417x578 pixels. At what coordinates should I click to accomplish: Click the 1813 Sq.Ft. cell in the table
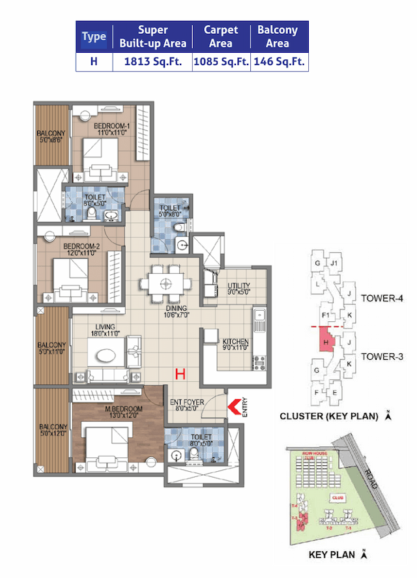152,63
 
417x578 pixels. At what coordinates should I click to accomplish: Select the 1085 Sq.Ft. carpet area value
222,63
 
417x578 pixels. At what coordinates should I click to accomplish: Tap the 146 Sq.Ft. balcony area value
279,63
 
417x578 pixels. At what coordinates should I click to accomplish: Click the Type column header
94,36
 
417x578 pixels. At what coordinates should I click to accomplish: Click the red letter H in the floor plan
180,374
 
